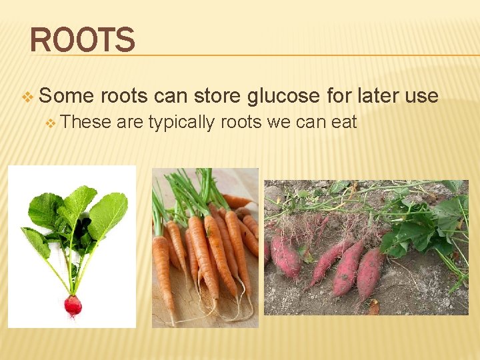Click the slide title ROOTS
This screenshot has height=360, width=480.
pyautogui.click(x=82, y=39)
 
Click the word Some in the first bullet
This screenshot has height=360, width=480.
pyautogui.click(x=66, y=96)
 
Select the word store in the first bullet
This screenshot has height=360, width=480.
pyautogui.click(x=217, y=96)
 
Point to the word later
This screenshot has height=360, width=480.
pyautogui.click(x=378, y=96)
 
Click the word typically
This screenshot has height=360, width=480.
pyautogui.click(x=181, y=123)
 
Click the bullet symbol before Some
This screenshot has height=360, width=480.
pyautogui.click(x=27, y=97)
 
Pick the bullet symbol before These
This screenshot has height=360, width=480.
pyautogui.click(x=51, y=123)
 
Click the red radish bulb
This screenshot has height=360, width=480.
pyautogui.click(x=73, y=305)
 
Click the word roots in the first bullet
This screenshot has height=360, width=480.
pyautogui.click(x=124, y=96)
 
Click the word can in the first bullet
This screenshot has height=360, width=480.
pyautogui.click(x=169, y=96)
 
